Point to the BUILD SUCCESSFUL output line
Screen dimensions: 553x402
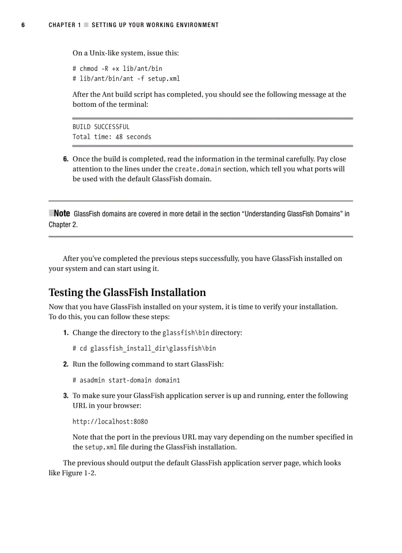101,127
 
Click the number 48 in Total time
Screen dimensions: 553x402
119,137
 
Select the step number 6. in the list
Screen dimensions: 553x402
66,160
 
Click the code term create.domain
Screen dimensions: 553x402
198,169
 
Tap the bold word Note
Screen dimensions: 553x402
62,214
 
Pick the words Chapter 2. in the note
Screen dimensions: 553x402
63,225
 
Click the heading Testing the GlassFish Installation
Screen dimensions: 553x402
127,293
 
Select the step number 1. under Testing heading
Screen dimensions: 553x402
66,333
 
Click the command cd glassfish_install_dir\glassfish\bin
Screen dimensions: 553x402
144,348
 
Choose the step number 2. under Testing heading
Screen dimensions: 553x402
66,364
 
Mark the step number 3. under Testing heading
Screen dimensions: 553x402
66,396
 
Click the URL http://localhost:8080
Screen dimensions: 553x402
110,422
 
